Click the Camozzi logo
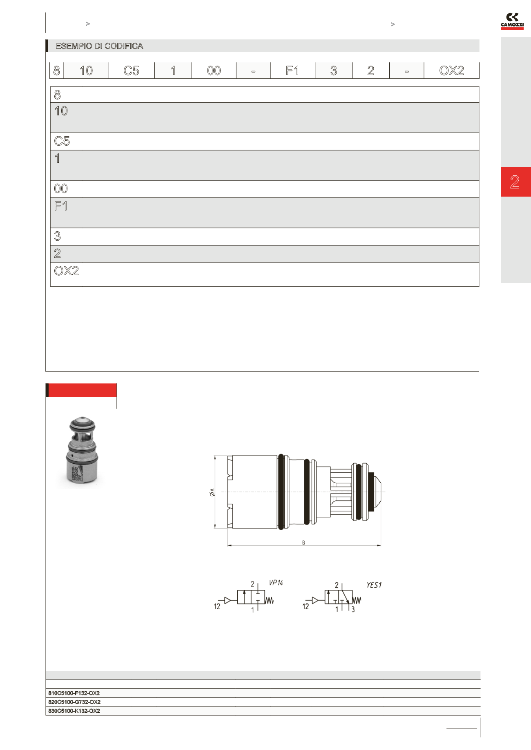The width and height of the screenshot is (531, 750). (x=512, y=21)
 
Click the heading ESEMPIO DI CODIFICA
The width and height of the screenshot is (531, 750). (x=99, y=46)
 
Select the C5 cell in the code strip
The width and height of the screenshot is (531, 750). (x=131, y=71)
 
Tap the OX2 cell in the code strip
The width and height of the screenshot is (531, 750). (x=451, y=71)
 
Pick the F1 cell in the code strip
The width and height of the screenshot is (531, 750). (x=292, y=71)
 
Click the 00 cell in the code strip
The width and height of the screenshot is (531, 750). (x=214, y=71)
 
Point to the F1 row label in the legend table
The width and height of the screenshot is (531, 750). (x=60, y=206)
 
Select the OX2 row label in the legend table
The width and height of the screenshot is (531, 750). (x=66, y=271)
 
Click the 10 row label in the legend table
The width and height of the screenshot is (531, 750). (x=61, y=111)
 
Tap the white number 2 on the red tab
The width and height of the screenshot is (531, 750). (x=515, y=182)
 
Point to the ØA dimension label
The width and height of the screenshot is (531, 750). (x=212, y=492)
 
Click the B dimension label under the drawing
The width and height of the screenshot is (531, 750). (x=303, y=543)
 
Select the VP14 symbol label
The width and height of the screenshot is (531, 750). (x=276, y=583)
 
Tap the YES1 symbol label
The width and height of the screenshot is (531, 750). (x=374, y=585)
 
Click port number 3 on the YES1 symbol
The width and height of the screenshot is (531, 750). (x=353, y=610)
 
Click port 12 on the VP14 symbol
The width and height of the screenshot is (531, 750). (x=217, y=606)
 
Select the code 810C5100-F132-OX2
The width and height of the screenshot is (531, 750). (x=74, y=693)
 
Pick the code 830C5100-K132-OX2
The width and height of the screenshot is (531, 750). (x=74, y=711)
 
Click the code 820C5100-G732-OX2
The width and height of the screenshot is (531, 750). (x=74, y=702)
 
